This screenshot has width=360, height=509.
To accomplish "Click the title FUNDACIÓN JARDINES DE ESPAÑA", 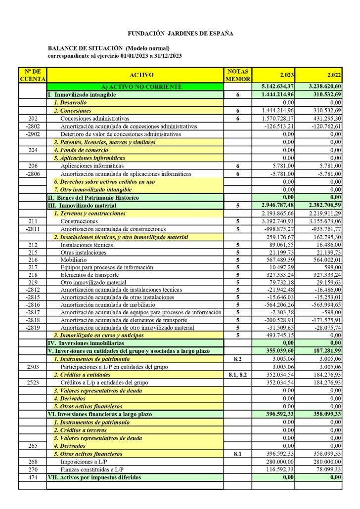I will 180,34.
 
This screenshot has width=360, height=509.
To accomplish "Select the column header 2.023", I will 287,75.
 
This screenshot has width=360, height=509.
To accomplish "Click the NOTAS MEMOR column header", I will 238,75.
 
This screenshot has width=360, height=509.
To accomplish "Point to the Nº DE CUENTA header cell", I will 33,75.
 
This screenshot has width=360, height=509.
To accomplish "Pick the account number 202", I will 33,119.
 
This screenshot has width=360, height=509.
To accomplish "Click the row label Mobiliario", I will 72,259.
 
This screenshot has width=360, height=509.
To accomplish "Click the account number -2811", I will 33,229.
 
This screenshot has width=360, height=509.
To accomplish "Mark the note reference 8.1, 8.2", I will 238,375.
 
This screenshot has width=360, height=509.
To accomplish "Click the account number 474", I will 33,477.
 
